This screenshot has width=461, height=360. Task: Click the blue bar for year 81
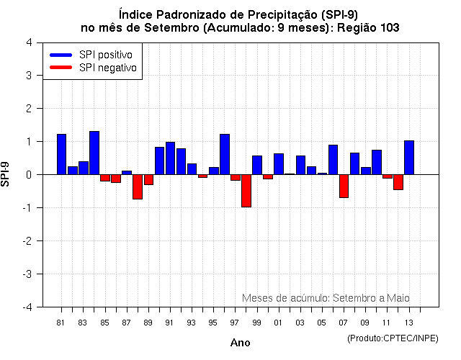coord(61,154)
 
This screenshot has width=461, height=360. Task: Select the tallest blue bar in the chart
coord(94,153)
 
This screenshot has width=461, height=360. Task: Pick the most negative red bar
coord(246,191)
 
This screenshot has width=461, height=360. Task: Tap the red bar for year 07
coord(344,186)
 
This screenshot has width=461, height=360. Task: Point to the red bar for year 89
coord(148,179)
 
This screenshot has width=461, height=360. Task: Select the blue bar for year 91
coord(170,158)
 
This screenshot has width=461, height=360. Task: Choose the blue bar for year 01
coord(279,164)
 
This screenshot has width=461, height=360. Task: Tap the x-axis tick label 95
coord(213,323)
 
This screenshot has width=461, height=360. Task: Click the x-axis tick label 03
coord(300,323)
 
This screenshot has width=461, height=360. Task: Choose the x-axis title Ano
coord(241,343)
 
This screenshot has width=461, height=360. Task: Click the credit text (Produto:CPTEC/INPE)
coord(392,338)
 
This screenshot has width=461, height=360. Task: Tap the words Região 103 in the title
coord(368,27)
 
